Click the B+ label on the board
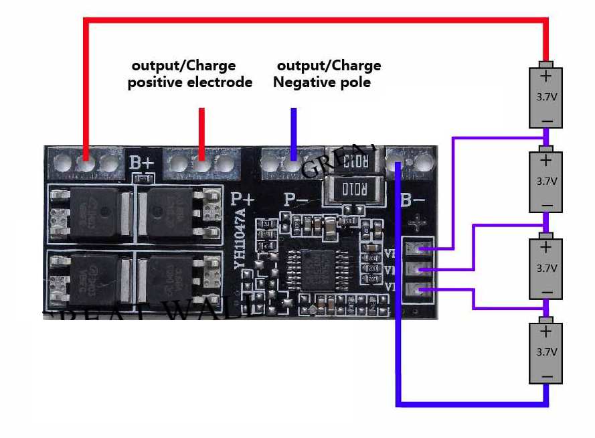(141, 162)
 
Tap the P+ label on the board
(243, 199)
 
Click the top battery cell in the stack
(546, 96)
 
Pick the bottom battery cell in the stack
(546, 353)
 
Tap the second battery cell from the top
(546, 181)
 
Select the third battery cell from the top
(546, 268)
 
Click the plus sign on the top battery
(546, 76)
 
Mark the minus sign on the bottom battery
(546, 376)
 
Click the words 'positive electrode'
(190, 82)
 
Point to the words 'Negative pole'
(322, 82)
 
